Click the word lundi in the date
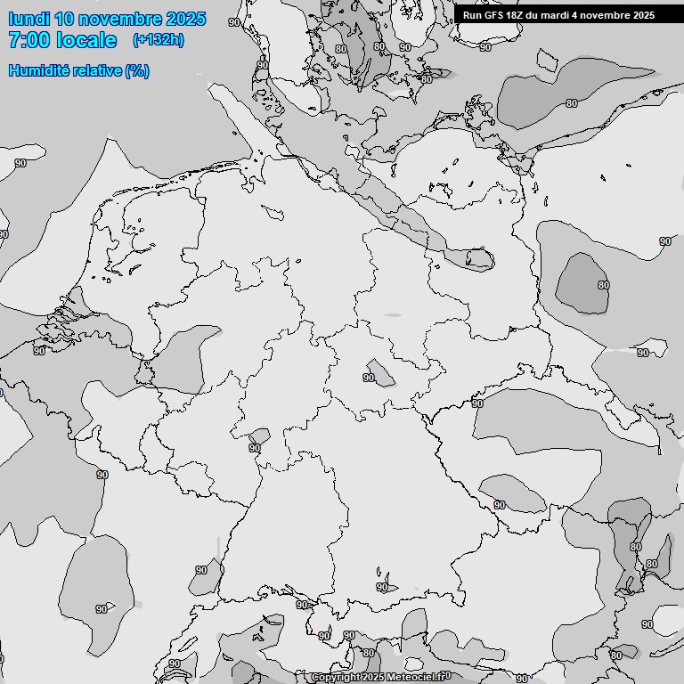tap(28, 19)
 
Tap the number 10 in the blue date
tap(64, 19)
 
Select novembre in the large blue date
tap(119, 19)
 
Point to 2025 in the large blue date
tap(185, 19)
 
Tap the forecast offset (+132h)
tap(158, 40)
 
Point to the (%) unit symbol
tap(136, 70)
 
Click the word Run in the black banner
tap(471, 15)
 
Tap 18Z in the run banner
tap(515, 15)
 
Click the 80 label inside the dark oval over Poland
tap(603, 285)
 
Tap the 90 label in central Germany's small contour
tap(369, 378)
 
